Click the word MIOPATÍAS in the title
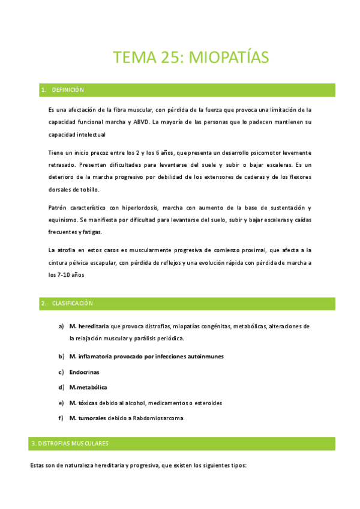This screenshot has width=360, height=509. [229, 58]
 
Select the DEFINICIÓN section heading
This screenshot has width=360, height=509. [68, 90]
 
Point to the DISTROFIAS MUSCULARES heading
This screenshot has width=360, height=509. [78, 444]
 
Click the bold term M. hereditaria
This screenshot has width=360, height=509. [89, 326]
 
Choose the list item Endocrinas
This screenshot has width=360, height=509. [85, 372]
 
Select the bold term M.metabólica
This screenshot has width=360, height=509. [88, 387]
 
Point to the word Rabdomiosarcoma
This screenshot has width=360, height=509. [159, 418]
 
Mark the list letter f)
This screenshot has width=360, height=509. [61, 418]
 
